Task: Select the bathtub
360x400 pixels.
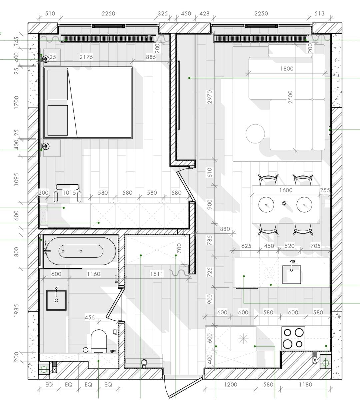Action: coord(81,251)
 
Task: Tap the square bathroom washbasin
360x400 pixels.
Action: coord(56,300)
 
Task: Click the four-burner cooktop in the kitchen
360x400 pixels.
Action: coord(293,338)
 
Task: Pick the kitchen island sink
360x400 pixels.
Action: coord(291,274)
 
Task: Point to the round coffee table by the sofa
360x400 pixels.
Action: coord(255,134)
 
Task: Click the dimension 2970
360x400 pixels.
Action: coord(209,97)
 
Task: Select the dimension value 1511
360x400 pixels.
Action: coord(157,274)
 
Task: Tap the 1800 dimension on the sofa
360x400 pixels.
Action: coord(287,69)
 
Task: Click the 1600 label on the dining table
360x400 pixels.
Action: coord(286,190)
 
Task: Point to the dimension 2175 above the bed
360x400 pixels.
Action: coord(86,57)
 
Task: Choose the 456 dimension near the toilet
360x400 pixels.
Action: coord(90,317)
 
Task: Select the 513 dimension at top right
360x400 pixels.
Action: coord(320,14)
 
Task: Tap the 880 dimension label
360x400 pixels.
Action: coord(225,229)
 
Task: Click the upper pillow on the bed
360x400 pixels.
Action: coord(58,85)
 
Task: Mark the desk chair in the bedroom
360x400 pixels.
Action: coord(68,193)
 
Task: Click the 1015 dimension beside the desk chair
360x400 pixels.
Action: coord(69,193)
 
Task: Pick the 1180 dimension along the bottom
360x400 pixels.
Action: coord(306,384)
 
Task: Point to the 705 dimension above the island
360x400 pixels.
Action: coord(315,246)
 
